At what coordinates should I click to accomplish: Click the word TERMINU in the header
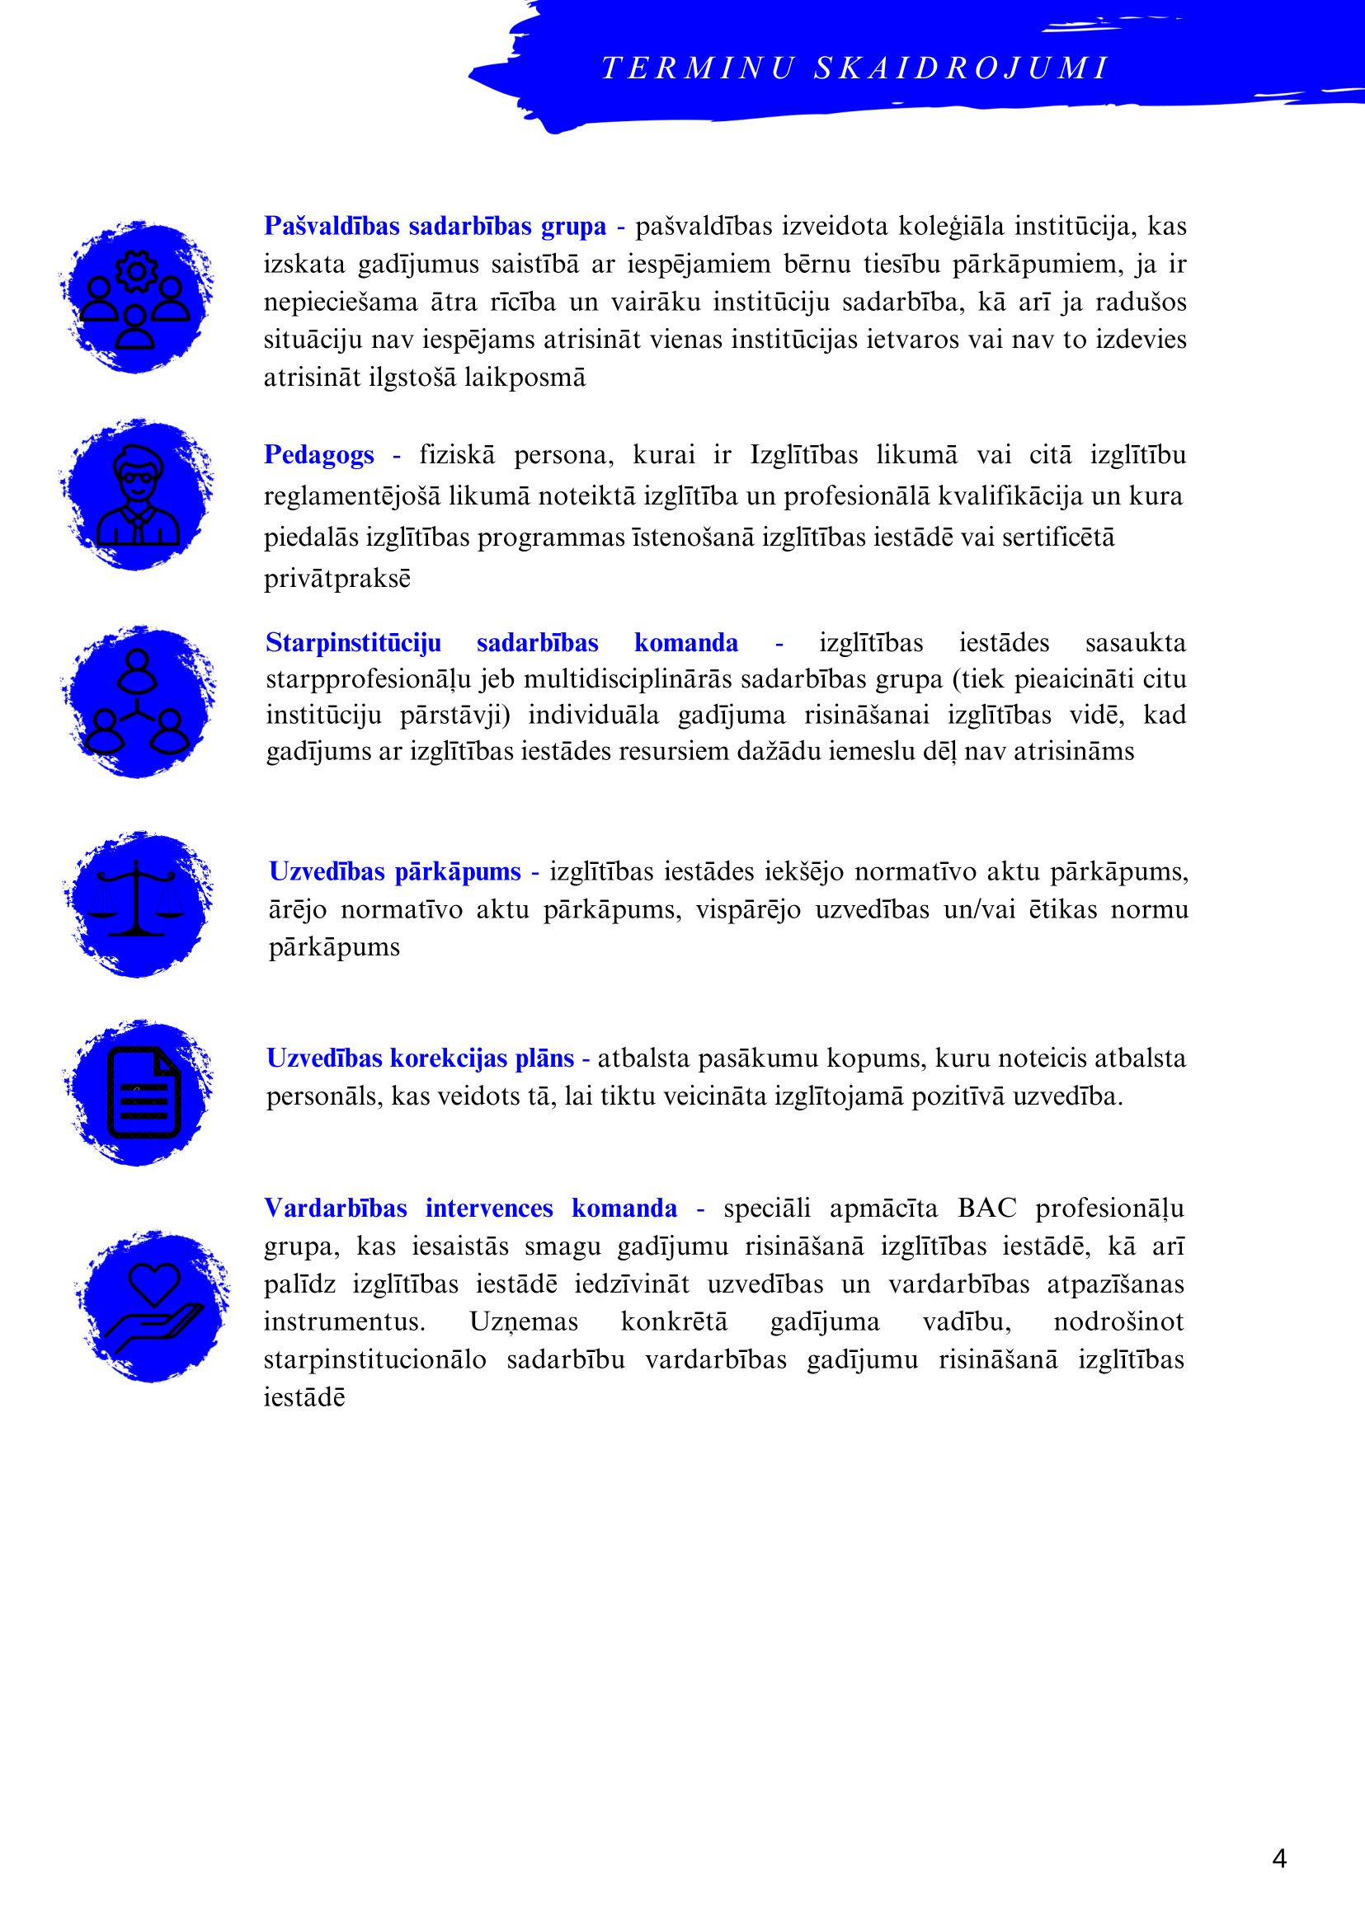(x=698, y=68)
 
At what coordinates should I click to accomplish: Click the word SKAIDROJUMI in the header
(x=963, y=68)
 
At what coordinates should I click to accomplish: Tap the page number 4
(x=1279, y=1858)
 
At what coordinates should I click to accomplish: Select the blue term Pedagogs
(x=318, y=455)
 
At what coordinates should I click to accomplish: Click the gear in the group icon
(x=137, y=271)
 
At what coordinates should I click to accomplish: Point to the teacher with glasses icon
(x=138, y=496)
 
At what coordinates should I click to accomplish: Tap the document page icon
(x=144, y=1092)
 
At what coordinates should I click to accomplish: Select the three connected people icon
(x=137, y=702)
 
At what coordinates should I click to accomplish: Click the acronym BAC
(x=986, y=1209)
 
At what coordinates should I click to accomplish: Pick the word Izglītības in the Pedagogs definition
(x=803, y=455)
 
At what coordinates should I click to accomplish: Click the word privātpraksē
(x=337, y=579)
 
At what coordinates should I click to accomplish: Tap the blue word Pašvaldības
(x=332, y=227)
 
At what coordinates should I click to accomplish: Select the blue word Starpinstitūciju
(x=353, y=643)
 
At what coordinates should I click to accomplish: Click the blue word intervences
(x=488, y=1209)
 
